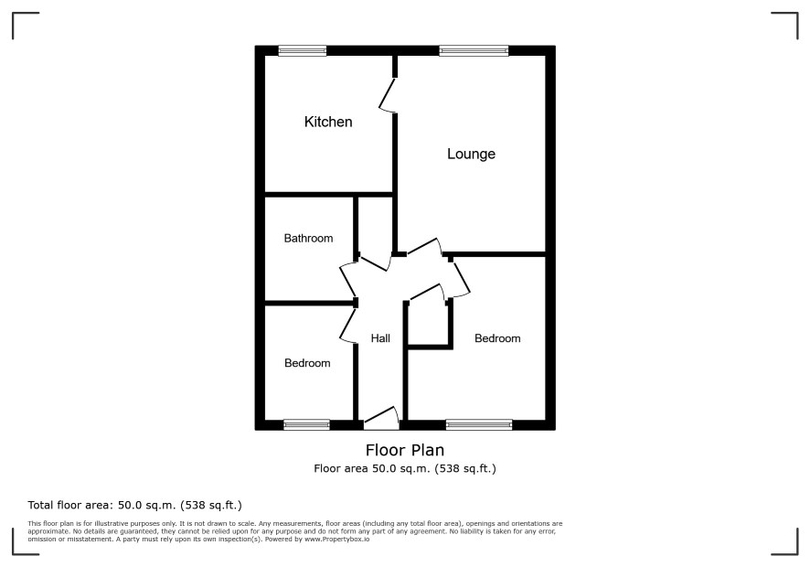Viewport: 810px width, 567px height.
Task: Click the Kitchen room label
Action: click(328, 122)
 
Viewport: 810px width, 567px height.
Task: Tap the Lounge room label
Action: click(471, 154)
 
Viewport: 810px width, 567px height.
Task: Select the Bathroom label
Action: click(308, 239)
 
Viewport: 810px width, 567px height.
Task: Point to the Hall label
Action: click(380, 338)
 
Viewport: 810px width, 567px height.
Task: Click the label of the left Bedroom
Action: click(307, 363)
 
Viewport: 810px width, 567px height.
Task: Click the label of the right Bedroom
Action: click(497, 338)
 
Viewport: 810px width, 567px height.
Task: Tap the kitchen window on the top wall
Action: click(303, 50)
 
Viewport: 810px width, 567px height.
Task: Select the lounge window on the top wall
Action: click(474, 50)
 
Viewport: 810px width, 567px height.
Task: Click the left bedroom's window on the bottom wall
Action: click(306, 425)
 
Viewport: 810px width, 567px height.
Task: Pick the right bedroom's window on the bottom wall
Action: click(479, 425)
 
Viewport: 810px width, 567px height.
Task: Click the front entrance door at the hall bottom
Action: click(381, 419)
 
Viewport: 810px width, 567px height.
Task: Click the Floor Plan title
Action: click(405, 450)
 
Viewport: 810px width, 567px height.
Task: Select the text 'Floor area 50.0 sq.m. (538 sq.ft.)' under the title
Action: click(405, 469)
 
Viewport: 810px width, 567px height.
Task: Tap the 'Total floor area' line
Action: click(134, 505)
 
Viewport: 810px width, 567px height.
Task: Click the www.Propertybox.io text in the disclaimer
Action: click(336, 539)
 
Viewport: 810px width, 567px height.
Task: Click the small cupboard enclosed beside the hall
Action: click(428, 323)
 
